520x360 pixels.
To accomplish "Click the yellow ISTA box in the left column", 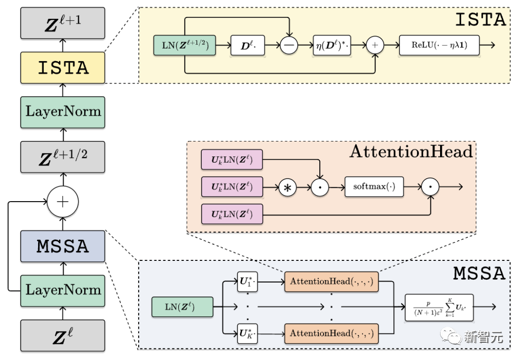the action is tap(63, 68).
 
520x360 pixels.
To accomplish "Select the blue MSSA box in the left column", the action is tap(63, 246).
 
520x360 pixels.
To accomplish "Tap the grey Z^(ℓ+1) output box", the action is tap(63, 23).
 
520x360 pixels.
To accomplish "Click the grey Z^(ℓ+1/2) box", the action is tap(63, 157).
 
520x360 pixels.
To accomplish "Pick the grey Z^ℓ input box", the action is tap(63, 335).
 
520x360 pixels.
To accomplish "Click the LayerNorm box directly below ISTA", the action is tap(63, 112).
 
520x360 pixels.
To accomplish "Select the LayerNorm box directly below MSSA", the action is tap(63, 291).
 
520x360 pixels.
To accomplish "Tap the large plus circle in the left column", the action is tap(63, 202).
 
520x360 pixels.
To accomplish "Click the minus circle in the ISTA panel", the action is tap(289, 45).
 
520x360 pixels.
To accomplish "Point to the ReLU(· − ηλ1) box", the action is tap(439, 45).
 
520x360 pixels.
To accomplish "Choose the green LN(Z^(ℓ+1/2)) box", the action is tap(185, 45).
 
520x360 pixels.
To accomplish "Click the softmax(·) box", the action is tap(374, 187).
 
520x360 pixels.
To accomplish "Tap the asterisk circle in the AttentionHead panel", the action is tap(287, 188).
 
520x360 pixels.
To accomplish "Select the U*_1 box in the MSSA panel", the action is tap(247, 282).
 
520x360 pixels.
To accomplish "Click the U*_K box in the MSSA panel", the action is tap(247, 334).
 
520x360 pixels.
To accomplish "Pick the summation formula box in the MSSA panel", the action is tap(439, 308).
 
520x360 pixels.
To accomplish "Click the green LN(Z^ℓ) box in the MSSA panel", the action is tap(182, 307).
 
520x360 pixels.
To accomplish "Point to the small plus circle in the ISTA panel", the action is tap(375, 45).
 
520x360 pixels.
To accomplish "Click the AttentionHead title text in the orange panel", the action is tap(411, 152).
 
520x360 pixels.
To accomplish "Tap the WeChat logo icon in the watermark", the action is tap(451, 336).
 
